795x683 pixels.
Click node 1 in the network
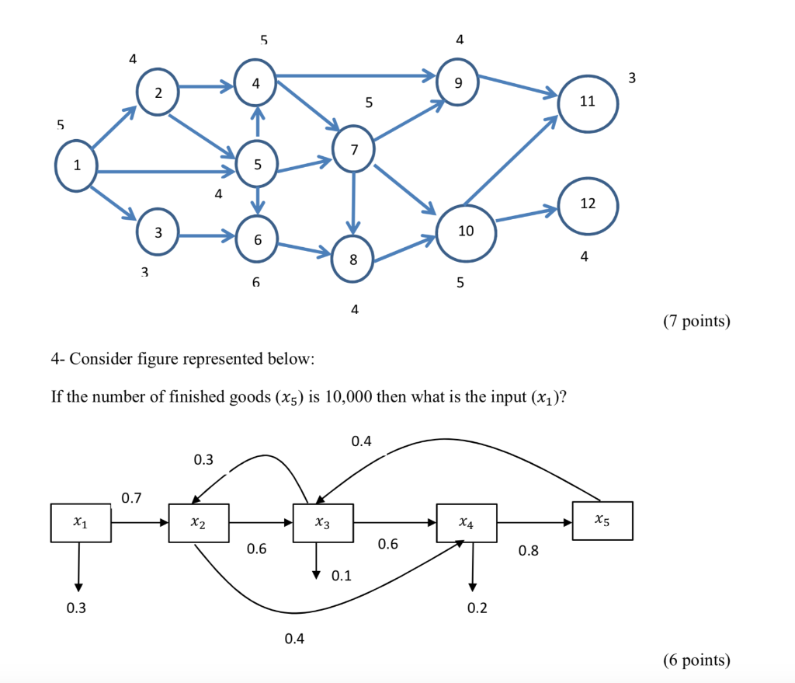tap(76, 165)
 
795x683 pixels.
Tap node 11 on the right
tap(587, 102)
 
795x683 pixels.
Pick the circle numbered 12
tap(587, 204)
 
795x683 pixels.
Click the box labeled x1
tap(80, 523)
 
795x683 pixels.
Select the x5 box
tap(602, 520)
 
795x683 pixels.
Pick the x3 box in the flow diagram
tap(323, 523)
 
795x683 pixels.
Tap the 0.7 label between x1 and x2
tap(131, 497)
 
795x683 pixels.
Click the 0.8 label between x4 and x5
tap(528, 551)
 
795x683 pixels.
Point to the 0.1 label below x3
tap(341, 576)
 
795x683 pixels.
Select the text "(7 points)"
tap(696, 321)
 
